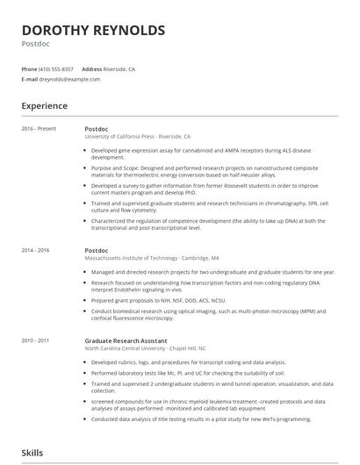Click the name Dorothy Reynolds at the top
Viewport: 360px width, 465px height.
pos(93,31)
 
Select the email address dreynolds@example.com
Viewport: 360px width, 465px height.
pos(69,79)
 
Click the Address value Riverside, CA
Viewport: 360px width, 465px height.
pos(119,68)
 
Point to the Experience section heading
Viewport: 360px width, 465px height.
pos(44,106)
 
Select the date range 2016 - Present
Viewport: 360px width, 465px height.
pos(39,129)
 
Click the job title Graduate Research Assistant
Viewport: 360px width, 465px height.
pos(128,339)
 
